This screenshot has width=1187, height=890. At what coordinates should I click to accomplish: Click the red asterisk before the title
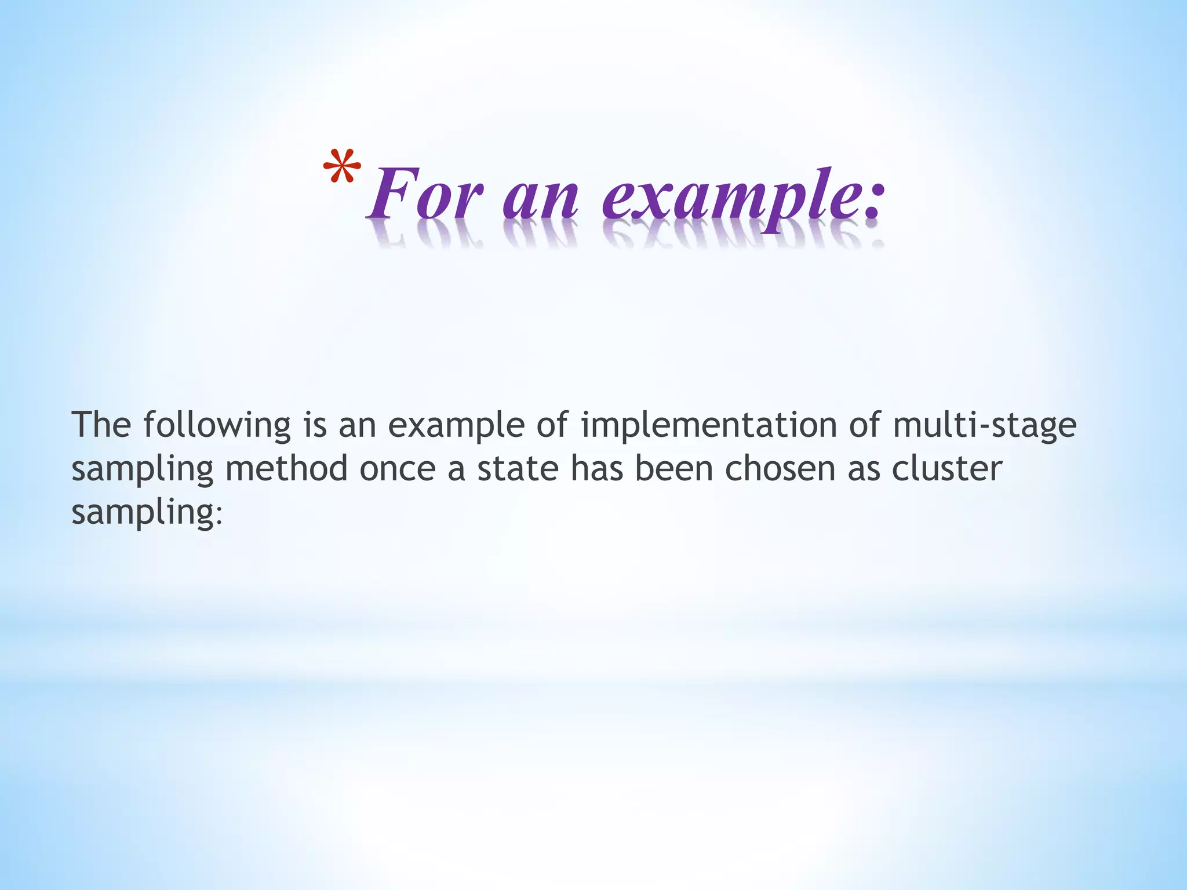(x=342, y=166)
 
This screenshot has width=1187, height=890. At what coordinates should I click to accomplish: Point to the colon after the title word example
(x=873, y=203)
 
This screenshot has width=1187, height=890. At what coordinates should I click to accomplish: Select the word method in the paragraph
(x=286, y=468)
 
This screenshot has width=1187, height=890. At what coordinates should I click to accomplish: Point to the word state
(x=518, y=468)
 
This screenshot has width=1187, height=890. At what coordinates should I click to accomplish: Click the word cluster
(x=946, y=468)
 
